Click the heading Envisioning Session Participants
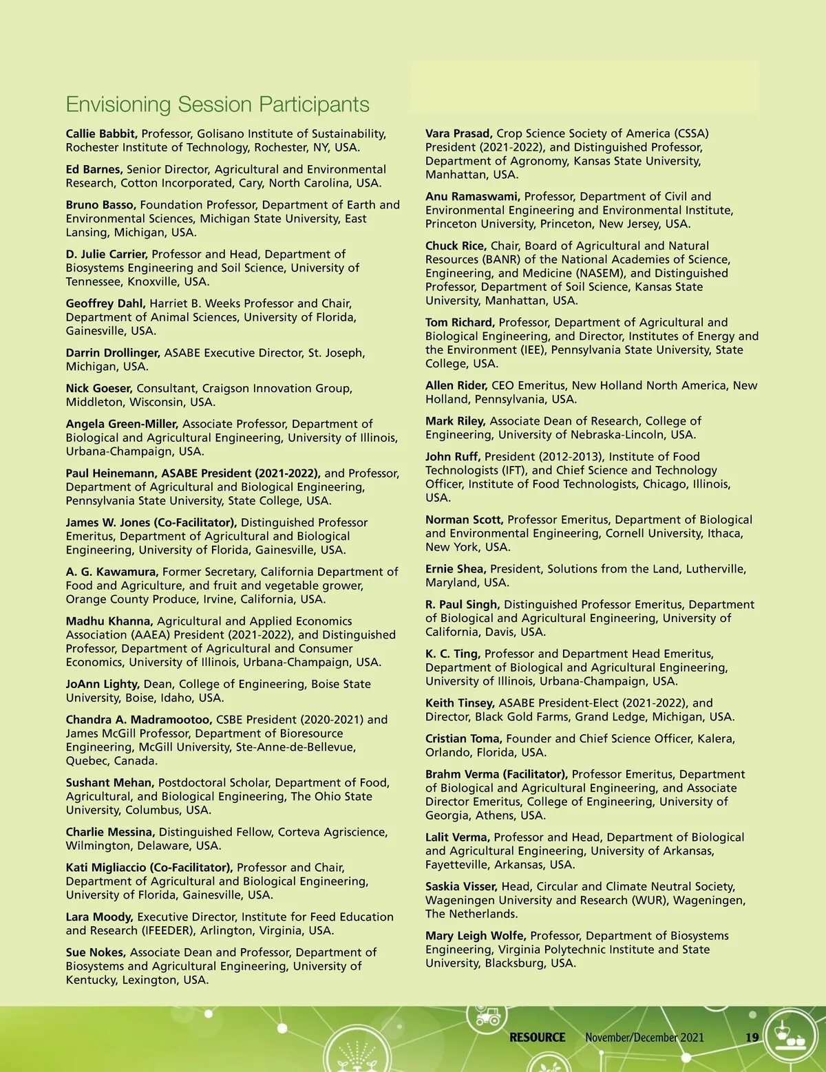[x=218, y=105]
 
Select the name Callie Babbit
[x=102, y=133]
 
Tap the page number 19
[x=752, y=1038]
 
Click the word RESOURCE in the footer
[x=537, y=1038]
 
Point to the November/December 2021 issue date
[x=644, y=1038]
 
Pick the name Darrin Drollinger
[x=113, y=353]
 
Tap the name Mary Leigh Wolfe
[x=476, y=936]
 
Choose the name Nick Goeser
[x=98, y=389]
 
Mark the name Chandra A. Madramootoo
[x=139, y=720]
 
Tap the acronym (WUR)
[x=651, y=901]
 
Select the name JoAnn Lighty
[x=103, y=684]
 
